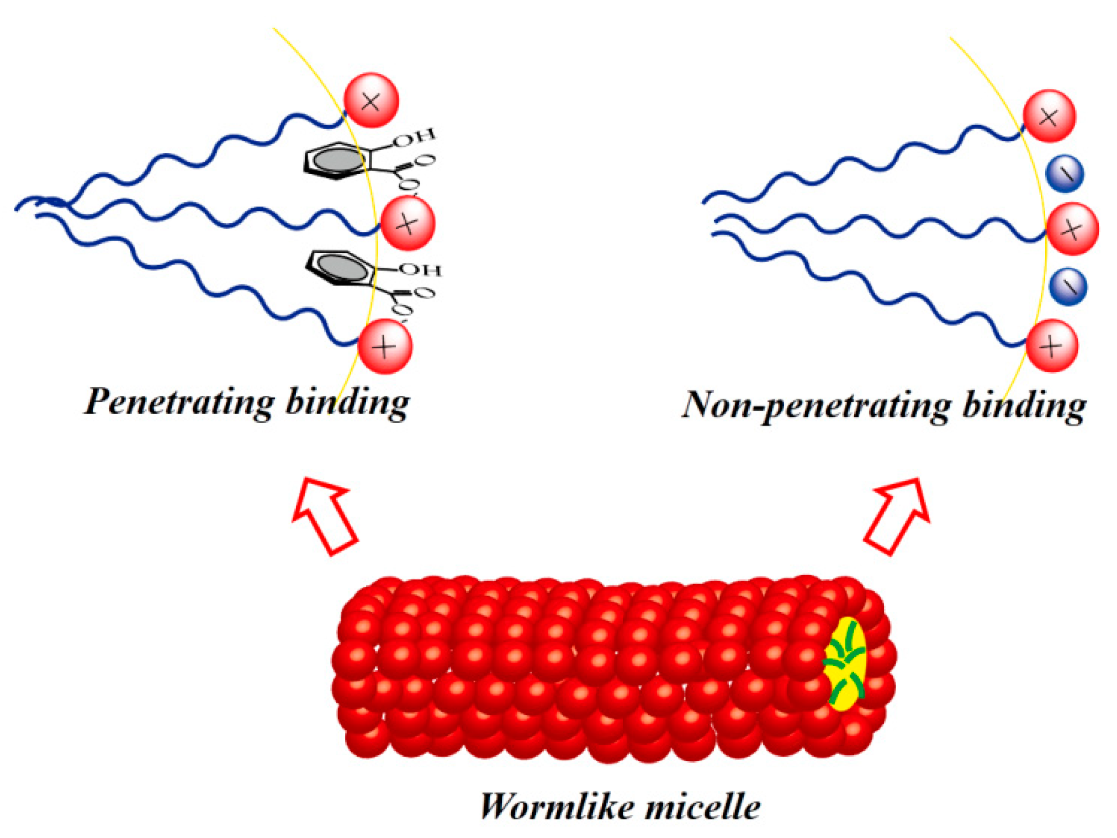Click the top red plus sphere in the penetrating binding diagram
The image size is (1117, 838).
(x=371, y=100)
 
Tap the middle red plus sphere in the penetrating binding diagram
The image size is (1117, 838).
(x=407, y=224)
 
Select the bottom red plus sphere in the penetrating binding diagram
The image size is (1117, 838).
(x=385, y=347)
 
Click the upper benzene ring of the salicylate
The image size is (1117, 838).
(x=334, y=161)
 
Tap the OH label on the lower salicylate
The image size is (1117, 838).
(x=421, y=269)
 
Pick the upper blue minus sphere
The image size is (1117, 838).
(x=1065, y=174)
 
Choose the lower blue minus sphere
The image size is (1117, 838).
(x=1068, y=287)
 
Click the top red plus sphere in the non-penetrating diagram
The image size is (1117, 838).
(x=1049, y=116)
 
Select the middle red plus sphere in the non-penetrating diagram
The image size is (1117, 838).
(x=1072, y=229)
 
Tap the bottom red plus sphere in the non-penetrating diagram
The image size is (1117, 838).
(x=1051, y=346)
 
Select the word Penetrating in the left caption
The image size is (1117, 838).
(x=179, y=402)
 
